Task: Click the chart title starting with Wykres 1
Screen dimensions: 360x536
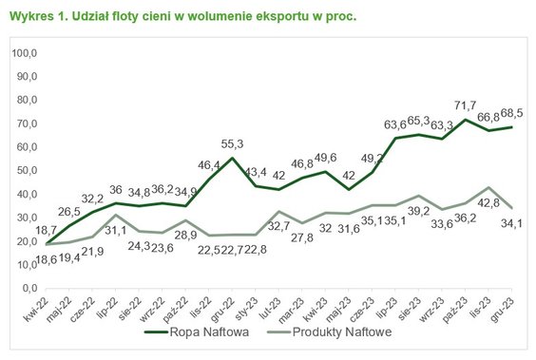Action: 182,17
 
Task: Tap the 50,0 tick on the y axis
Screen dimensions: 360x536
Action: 25,171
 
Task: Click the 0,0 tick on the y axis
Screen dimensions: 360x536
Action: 28,288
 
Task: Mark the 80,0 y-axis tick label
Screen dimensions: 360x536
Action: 25,101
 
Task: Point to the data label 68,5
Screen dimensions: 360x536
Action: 513,112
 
